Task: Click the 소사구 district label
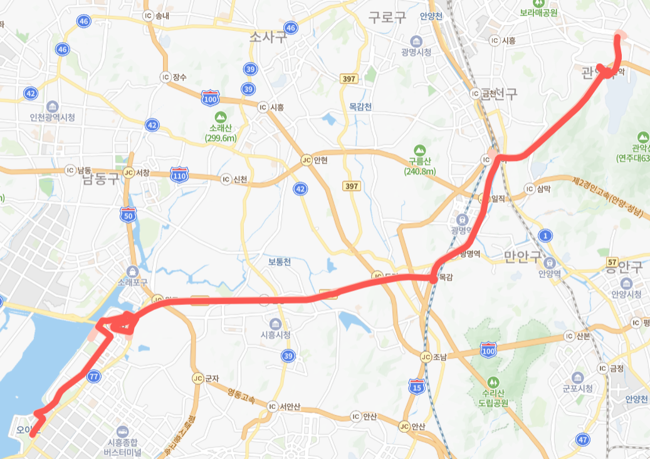click(x=268, y=37)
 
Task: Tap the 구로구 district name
click(x=387, y=17)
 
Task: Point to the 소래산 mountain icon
click(x=221, y=116)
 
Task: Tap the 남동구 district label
click(x=100, y=180)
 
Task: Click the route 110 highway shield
click(x=180, y=175)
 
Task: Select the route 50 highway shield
click(x=128, y=215)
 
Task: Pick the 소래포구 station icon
click(x=132, y=271)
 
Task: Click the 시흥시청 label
click(x=275, y=334)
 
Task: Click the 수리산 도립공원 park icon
click(x=492, y=381)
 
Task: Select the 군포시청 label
click(x=577, y=388)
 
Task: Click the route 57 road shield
click(x=613, y=260)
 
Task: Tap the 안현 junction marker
click(x=306, y=160)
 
